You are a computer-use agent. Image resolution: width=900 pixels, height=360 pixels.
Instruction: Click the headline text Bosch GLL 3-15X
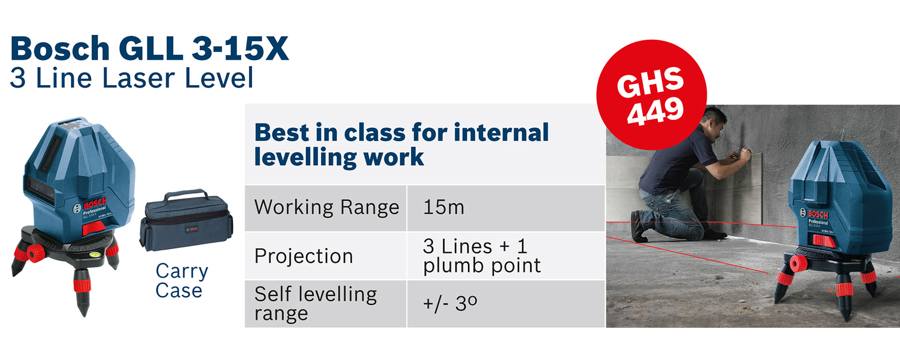pos(149,49)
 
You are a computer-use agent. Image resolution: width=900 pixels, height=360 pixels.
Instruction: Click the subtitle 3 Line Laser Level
pos(132,78)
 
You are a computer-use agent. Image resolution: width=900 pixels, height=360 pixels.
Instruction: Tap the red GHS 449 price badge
pos(652,95)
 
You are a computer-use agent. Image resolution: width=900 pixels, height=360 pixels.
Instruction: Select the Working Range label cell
pos(326,208)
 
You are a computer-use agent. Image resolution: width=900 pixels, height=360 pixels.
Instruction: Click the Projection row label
pos(326,256)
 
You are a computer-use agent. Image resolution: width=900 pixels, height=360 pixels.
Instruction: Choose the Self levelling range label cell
pos(326,304)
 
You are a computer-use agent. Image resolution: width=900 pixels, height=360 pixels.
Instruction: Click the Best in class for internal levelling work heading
pos(401,144)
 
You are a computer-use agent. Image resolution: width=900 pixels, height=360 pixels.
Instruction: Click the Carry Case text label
pos(181,280)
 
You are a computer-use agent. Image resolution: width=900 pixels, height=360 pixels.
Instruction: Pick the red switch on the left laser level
pos(94,228)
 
